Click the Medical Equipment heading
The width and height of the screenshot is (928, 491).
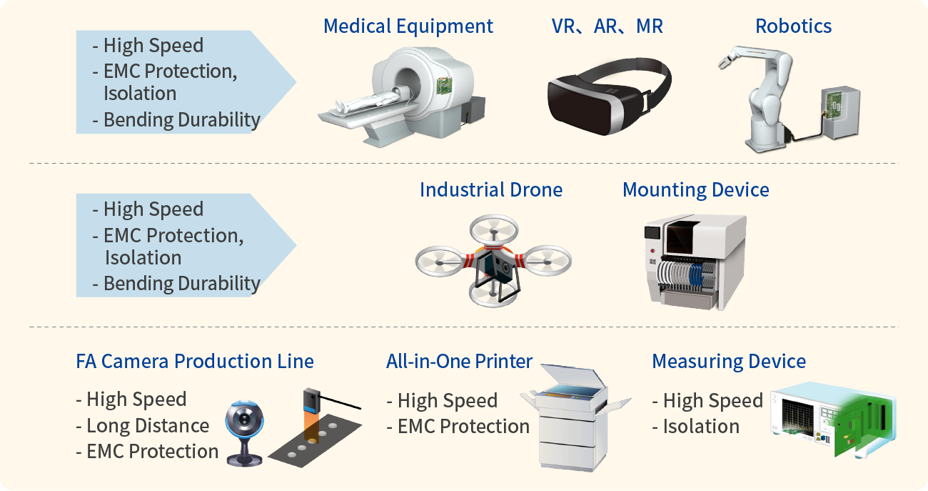point(408,26)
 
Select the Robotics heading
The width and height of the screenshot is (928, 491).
point(793,26)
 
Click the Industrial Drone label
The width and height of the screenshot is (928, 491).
point(490,190)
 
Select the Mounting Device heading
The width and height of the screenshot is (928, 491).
point(695,190)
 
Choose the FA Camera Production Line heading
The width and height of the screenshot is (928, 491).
point(194,362)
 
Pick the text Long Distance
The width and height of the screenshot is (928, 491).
point(147,426)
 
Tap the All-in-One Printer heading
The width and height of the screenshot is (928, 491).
point(459,362)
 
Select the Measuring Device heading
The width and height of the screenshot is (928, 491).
point(728,362)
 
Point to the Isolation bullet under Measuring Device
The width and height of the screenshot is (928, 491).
point(700,427)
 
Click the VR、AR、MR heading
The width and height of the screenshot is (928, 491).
point(607,26)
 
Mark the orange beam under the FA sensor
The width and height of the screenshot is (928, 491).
point(311,426)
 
